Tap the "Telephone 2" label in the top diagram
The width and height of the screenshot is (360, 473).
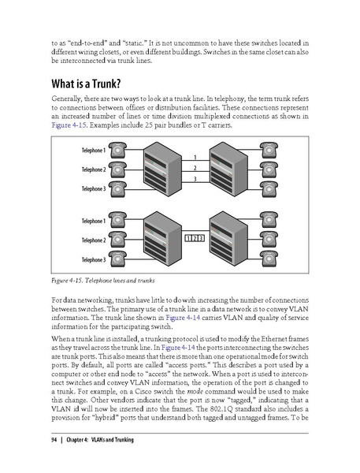[x=92, y=169]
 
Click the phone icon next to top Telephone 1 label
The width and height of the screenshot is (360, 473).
[x=120, y=149]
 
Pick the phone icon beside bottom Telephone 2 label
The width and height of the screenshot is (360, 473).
[x=120, y=239]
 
